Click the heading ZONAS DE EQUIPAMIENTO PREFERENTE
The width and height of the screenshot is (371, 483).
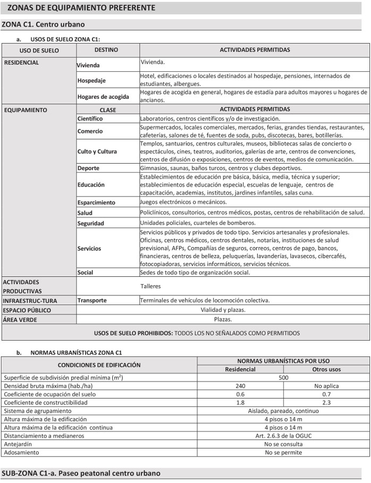pos(81,8)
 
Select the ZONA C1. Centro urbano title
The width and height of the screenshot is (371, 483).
pos(44,24)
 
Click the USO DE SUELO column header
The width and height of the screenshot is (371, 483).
pos(39,51)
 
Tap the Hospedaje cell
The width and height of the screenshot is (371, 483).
pos(91,81)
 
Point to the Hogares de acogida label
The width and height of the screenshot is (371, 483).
pos(103,97)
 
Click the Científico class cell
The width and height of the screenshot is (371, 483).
pos(90,118)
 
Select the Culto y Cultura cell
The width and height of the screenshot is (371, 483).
pos(97,151)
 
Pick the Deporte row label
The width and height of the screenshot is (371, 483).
pos(88,168)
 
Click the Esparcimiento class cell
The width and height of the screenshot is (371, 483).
pos(96,202)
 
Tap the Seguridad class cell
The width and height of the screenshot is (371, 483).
pos(91,223)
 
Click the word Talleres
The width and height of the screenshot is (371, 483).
pos(150,286)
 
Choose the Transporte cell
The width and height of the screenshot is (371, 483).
pos(92,300)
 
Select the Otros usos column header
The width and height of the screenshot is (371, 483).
pos(326,369)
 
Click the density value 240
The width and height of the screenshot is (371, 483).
pos(240,386)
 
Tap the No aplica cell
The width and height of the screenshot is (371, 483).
pos(326,386)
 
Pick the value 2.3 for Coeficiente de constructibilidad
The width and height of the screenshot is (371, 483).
pos(326,403)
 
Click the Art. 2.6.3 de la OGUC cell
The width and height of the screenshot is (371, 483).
pos(283,436)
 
